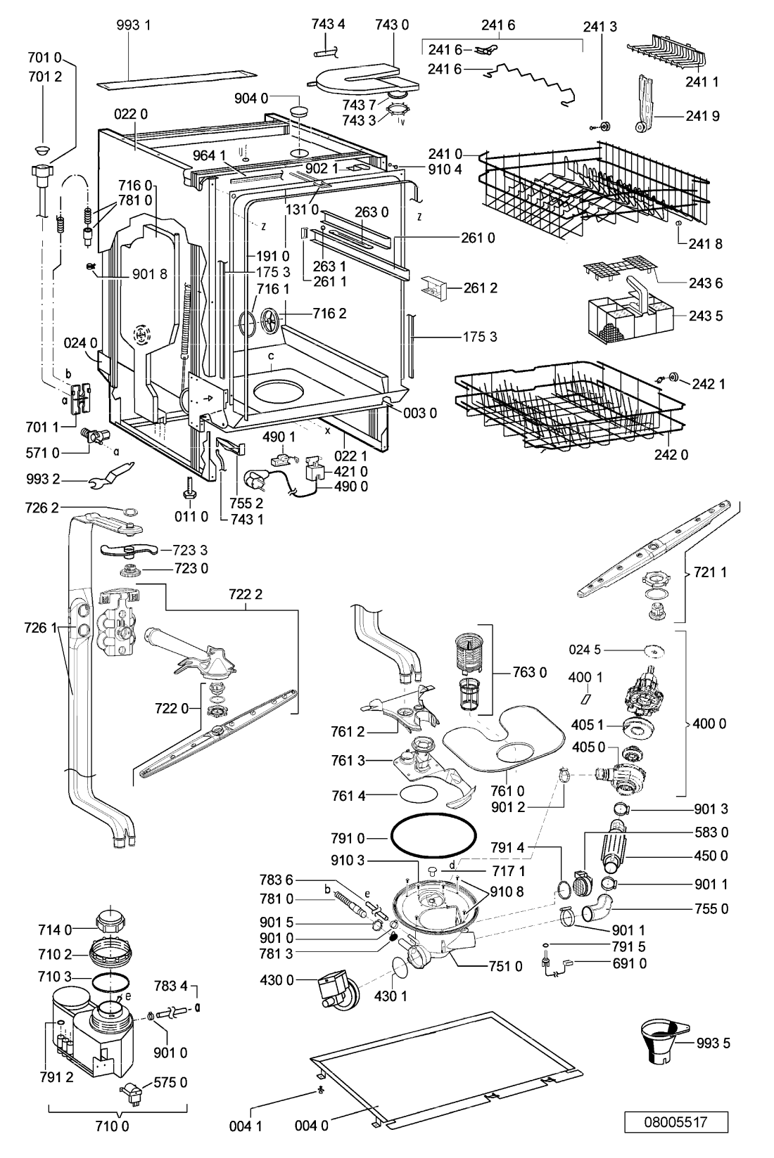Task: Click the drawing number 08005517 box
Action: point(675,1122)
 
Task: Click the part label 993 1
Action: point(134,25)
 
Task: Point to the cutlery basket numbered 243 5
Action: point(630,307)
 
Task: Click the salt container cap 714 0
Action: point(110,921)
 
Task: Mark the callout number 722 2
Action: point(246,594)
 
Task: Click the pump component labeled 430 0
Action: point(336,989)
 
